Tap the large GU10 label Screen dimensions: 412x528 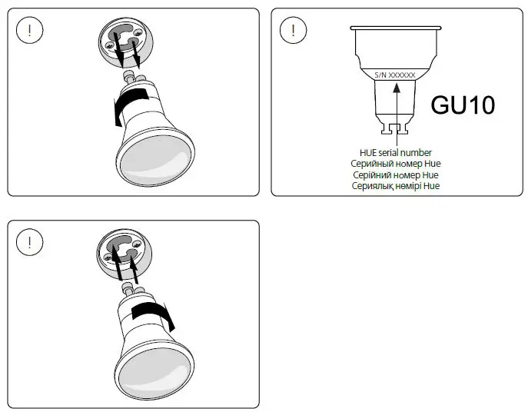[462, 105]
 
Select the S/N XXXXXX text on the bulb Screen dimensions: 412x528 [395, 75]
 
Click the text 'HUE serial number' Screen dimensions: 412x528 [396, 153]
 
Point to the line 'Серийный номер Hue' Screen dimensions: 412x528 [396, 164]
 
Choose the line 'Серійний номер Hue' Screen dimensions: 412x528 [396, 174]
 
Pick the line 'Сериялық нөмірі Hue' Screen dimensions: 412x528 [396, 185]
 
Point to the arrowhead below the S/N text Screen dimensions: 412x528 [396, 88]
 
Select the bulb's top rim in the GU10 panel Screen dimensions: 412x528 [396, 28]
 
